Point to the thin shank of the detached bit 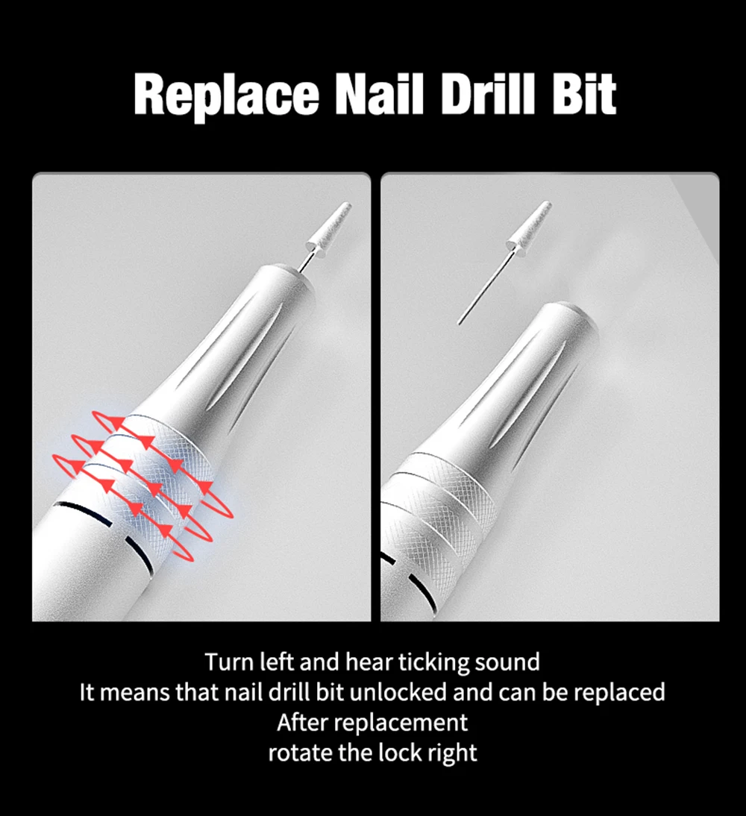click(485, 286)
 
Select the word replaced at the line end click(619, 694)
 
